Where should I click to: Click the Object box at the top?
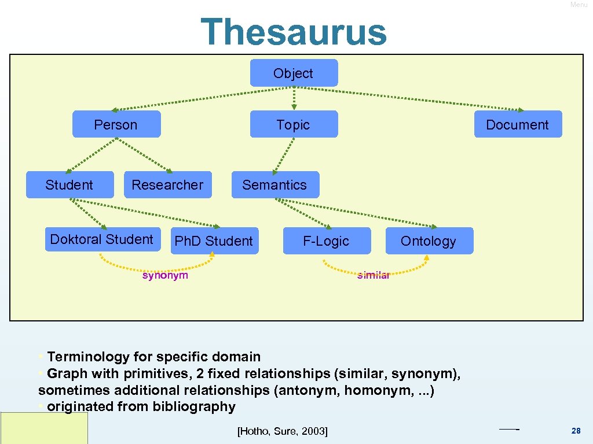pyautogui.click(x=294, y=73)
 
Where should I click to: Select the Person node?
pyautogui.click(x=116, y=124)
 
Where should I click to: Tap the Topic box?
pyautogui.click(x=294, y=124)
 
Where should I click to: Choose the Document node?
pyautogui.click(x=517, y=124)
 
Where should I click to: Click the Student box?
pyautogui.click(x=69, y=185)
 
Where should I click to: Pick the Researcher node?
pyautogui.click(x=167, y=185)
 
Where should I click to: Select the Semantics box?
pyautogui.click(x=274, y=185)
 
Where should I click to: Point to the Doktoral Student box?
pyautogui.click(x=102, y=239)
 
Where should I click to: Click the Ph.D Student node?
pyautogui.click(x=214, y=241)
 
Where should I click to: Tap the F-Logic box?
pyautogui.click(x=326, y=241)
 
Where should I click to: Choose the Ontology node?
pyautogui.click(x=429, y=241)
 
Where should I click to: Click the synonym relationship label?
pyautogui.click(x=165, y=275)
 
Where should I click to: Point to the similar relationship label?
pyautogui.click(x=374, y=275)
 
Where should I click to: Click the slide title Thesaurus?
pyautogui.click(x=294, y=32)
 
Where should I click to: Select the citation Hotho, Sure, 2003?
pyautogui.click(x=283, y=431)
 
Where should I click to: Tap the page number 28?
pyautogui.click(x=576, y=431)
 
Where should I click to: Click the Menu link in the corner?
pyautogui.click(x=579, y=5)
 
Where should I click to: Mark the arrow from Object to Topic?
pyautogui.click(x=294, y=98)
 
